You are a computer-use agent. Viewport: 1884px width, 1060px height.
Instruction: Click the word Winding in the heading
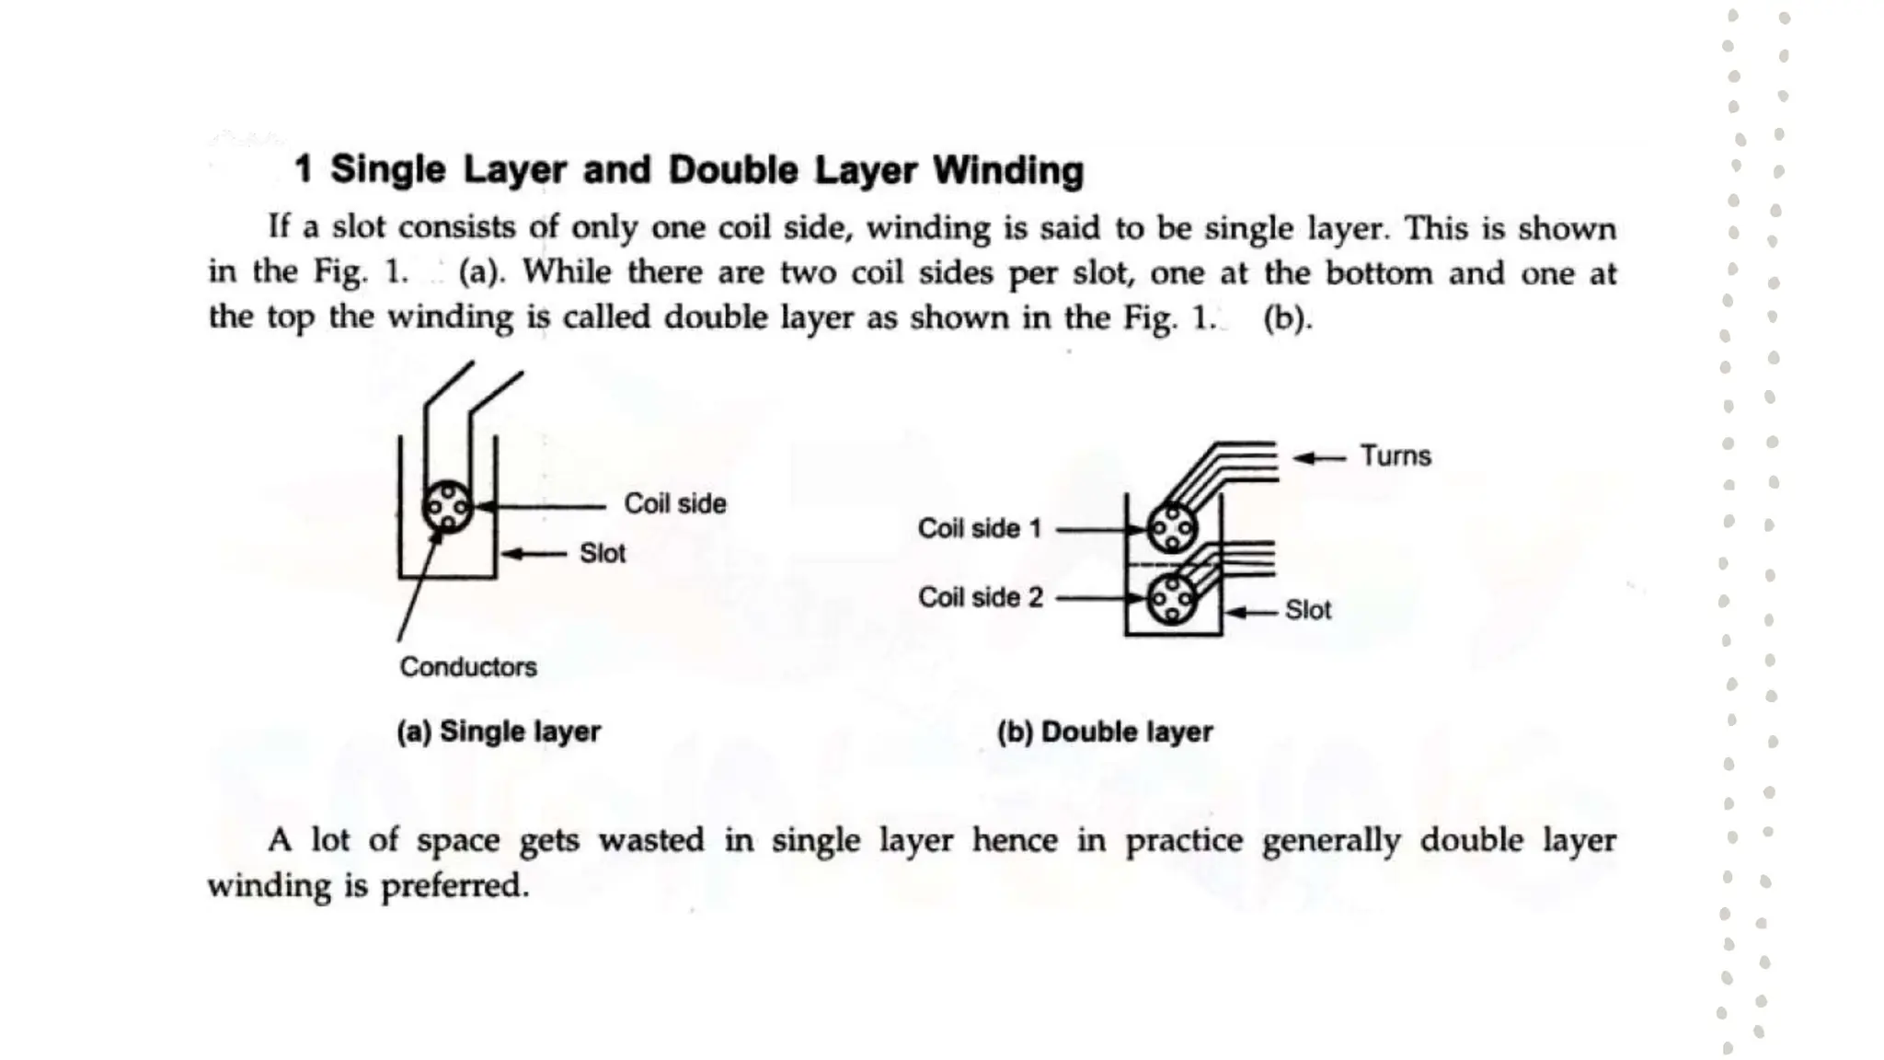pos(1008,170)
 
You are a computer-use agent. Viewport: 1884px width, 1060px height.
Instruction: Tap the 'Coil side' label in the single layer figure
pos(674,503)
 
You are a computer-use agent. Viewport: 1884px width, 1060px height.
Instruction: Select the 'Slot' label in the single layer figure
pos(602,553)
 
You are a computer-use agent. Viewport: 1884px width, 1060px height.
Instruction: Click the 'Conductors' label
pos(467,667)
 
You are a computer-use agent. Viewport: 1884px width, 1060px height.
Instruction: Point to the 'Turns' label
pos(1396,456)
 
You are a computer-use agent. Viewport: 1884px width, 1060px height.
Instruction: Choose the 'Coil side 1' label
pos(979,528)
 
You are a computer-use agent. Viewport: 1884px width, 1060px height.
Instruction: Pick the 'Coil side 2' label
pos(980,597)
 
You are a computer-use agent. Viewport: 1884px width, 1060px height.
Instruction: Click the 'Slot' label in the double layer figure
pos(1307,610)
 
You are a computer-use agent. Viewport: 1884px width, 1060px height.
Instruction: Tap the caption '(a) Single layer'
pos(498,732)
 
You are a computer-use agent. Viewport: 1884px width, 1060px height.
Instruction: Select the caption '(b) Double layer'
pos(1104,732)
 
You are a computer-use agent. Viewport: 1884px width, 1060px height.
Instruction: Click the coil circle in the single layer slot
pos(447,506)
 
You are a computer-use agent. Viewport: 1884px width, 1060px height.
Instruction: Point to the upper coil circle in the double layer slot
pos(1171,528)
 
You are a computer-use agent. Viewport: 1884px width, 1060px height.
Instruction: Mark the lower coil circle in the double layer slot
pos(1171,599)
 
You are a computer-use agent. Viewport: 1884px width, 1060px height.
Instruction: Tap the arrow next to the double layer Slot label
pos(1251,612)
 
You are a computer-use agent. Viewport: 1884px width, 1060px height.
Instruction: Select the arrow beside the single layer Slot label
pos(533,554)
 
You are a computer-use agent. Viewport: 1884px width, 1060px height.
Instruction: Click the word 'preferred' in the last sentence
pos(454,885)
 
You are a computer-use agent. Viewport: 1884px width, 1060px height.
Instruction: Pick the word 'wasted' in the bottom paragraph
pos(650,840)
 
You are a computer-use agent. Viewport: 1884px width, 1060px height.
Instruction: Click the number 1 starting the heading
pos(304,170)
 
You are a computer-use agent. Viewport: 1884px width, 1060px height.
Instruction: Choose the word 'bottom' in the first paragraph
pos(1378,273)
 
